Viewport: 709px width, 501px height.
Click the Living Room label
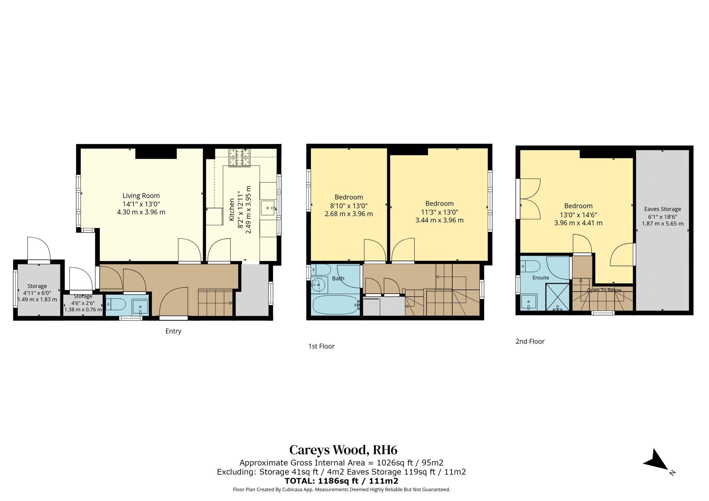coord(141,196)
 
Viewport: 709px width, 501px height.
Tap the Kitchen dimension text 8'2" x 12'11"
coord(240,209)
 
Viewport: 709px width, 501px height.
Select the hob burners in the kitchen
coord(240,158)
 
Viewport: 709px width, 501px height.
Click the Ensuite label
coord(541,278)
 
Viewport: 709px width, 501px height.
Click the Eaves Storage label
coord(663,209)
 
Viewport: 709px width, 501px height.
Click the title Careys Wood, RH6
coord(343,450)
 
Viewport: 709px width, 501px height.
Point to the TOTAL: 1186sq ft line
coord(341,481)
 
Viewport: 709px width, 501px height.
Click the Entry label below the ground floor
coord(173,331)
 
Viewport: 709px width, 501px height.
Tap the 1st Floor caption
coord(321,346)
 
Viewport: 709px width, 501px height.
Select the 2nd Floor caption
coord(530,342)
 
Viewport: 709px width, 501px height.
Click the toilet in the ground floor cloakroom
coord(116,304)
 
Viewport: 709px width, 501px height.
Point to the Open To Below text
coord(604,290)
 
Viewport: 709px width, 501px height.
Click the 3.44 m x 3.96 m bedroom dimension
coord(440,220)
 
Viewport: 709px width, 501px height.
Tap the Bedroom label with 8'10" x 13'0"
coord(349,197)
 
